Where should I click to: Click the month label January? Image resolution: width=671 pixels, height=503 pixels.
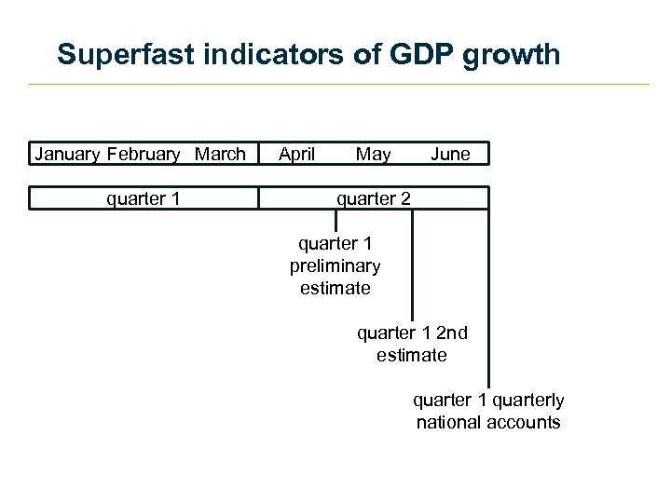pyautogui.click(x=68, y=154)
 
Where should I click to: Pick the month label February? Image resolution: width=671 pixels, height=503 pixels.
pyautogui.click(x=145, y=154)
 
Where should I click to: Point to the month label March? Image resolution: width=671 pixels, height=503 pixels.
pyautogui.click(x=221, y=154)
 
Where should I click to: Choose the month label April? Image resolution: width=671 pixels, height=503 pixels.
pyautogui.click(x=297, y=154)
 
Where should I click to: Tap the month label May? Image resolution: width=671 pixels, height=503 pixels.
pyautogui.click(x=373, y=154)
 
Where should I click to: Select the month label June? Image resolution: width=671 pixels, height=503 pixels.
pyautogui.click(x=450, y=154)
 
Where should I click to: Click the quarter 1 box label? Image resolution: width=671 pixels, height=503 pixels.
pyautogui.click(x=144, y=197)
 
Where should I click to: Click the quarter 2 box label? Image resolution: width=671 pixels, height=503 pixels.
pyautogui.click(x=373, y=197)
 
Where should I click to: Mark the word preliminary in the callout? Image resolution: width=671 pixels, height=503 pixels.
pyautogui.click(x=335, y=265)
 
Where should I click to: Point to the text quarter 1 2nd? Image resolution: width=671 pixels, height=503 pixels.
pyautogui.click(x=412, y=333)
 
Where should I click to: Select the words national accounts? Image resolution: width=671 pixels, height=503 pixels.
pyautogui.click(x=488, y=422)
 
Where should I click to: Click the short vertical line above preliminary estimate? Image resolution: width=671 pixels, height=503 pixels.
pyautogui.click(x=335, y=220)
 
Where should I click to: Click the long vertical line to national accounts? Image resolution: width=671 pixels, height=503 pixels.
pyautogui.click(x=487, y=298)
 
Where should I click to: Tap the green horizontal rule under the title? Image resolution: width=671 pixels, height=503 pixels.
pyautogui.click(x=335, y=85)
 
